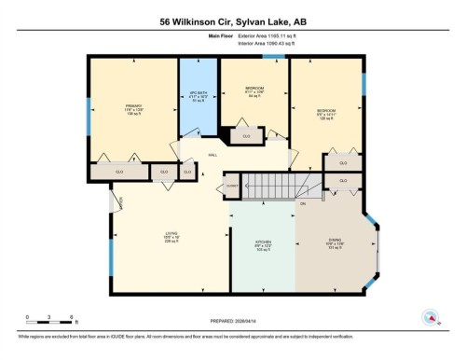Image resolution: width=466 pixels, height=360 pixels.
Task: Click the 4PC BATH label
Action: [x=197, y=97]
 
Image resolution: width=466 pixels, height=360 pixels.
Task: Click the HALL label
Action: [x=212, y=155]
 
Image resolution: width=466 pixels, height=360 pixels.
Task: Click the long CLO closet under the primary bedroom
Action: [x=119, y=172]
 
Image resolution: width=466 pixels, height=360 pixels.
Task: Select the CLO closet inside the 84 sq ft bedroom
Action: [x=247, y=136]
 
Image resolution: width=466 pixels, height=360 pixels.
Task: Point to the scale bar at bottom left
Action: [x=50, y=310]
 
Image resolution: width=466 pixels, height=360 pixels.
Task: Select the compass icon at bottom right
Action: [x=432, y=315]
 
